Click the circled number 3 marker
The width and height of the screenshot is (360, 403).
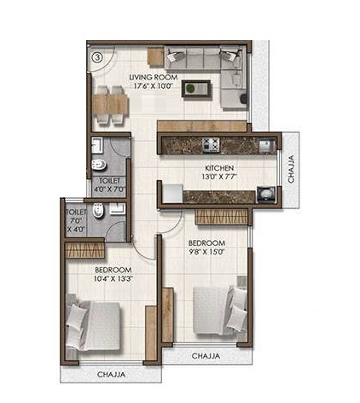[96, 57]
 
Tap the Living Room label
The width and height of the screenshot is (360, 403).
[154, 77]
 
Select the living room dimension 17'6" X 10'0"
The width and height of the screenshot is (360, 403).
[154, 85]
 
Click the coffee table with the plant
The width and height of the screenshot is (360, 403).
[196, 89]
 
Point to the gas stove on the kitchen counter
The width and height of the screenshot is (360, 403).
[211, 144]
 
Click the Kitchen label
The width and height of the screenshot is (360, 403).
[219, 168]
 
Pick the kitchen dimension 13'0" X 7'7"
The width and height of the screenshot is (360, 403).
[219, 177]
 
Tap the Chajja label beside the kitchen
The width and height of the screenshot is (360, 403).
[291, 169]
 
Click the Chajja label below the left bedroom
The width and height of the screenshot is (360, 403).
[111, 374]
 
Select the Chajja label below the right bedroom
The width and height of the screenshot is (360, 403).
[206, 356]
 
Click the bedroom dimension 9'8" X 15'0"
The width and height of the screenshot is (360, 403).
[206, 252]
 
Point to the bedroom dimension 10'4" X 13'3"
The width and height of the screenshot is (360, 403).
[113, 278]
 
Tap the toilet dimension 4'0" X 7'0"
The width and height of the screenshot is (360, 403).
[109, 190]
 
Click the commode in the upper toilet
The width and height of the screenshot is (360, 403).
[98, 166]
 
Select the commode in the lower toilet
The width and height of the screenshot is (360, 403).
[98, 211]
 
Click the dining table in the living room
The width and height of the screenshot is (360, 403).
[109, 104]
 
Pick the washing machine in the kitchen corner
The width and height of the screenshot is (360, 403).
[266, 195]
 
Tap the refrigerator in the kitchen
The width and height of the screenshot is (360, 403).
[171, 194]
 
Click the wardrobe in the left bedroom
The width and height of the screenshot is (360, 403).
[84, 249]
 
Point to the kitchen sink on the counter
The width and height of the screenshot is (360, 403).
[267, 145]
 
